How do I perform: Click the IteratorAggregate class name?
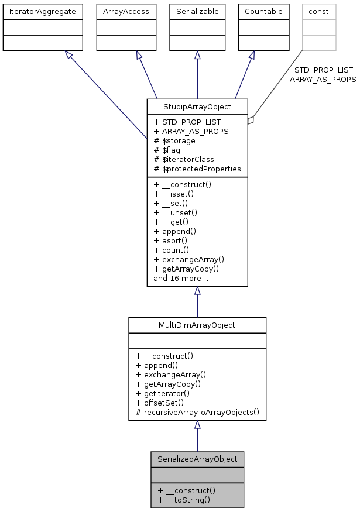(42, 11)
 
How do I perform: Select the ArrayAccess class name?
(122, 11)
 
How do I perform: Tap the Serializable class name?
(197, 11)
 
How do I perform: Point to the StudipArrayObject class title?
(197, 106)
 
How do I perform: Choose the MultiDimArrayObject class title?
(197, 325)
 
